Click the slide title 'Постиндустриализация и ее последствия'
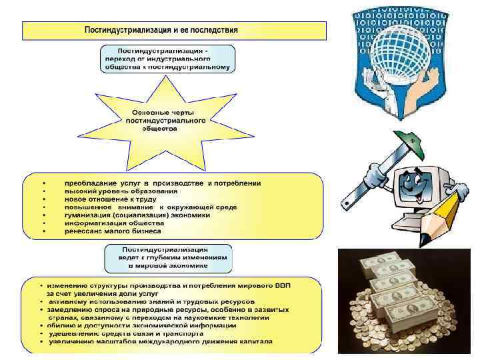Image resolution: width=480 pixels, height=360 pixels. [161, 31]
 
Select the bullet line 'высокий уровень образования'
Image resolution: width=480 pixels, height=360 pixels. [111, 191]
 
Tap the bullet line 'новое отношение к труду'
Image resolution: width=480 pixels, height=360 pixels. [110, 199]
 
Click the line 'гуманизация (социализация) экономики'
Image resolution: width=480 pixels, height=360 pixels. [137, 215]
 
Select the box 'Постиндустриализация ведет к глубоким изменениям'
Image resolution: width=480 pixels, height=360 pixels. [168, 257]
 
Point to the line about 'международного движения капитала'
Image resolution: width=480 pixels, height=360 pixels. [160, 341]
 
